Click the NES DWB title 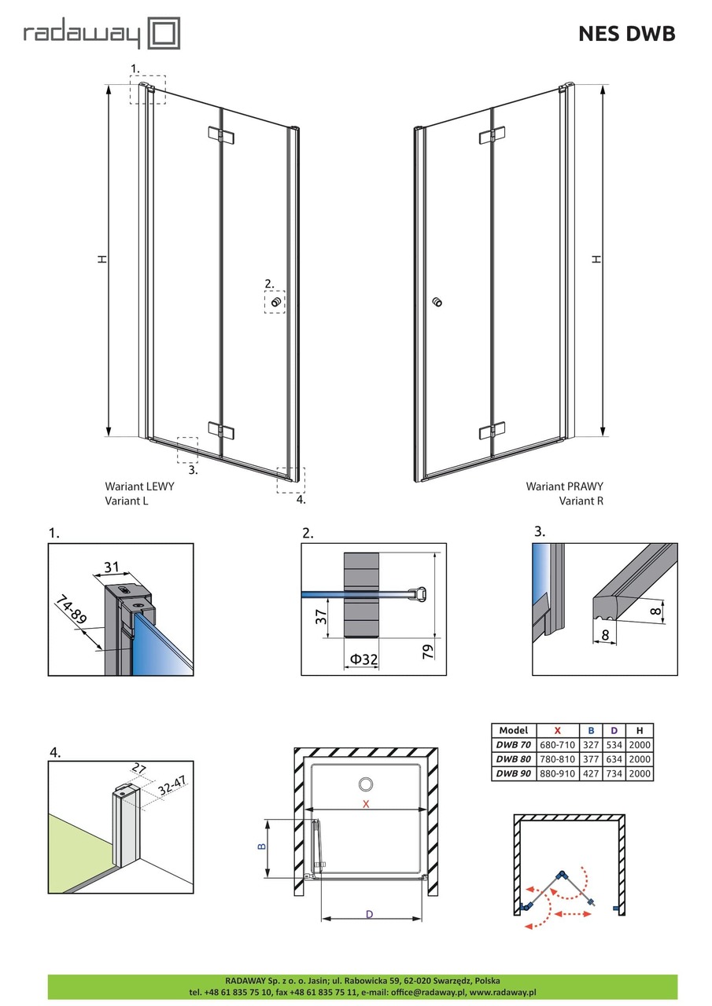(626, 34)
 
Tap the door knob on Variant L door (275, 302)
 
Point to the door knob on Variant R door (437, 302)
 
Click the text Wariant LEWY (139, 486)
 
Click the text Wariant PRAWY (564, 486)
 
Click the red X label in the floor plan (365, 803)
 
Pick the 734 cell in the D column (614, 773)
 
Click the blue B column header (592, 730)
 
